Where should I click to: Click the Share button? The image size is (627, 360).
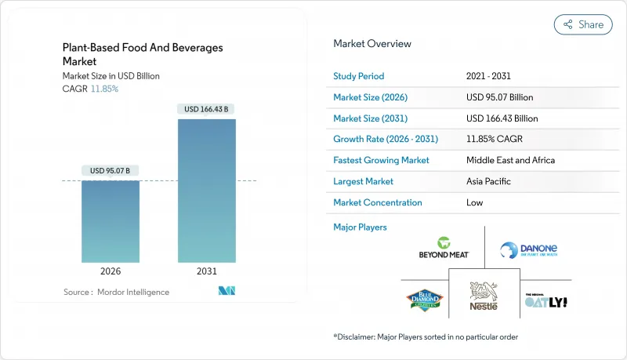583,24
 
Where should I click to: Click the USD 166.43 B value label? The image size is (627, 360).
206,110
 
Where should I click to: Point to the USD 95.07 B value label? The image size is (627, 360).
111,171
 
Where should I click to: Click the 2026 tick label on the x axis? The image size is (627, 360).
111,271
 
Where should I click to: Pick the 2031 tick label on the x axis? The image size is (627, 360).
206,271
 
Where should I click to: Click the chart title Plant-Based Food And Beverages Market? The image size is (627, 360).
143,53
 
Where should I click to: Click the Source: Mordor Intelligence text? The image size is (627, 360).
116,292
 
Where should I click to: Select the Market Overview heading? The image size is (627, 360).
372,44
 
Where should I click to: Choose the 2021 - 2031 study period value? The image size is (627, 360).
487,76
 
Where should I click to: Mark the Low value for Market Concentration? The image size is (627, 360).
474,202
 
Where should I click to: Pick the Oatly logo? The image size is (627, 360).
545,300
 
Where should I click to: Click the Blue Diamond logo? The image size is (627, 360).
425,300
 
